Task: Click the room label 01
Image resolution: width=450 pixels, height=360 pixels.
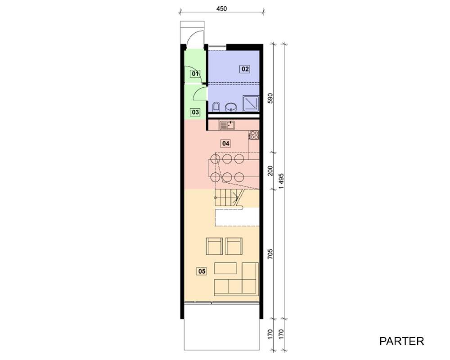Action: click(x=195, y=74)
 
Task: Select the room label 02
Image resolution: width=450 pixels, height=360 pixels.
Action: click(x=245, y=69)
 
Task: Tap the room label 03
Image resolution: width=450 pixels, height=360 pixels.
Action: click(x=195, y=112)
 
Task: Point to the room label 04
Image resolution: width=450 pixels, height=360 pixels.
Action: click(x=226, y=143)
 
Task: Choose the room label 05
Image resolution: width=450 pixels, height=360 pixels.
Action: click(x=202, y=271)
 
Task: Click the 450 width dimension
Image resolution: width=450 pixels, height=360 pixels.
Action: click(x=221, y=9)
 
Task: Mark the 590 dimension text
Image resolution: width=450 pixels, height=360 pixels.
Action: click(x=270, y=98)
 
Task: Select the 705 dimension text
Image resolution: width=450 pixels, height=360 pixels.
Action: click(x=270, y=254)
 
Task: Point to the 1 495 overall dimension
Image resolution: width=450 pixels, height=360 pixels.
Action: click(x=281, y=181)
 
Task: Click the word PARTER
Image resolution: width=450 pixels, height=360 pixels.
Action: click(x=401, y=341)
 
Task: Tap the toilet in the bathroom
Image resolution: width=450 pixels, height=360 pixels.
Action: click(x=216, y=107)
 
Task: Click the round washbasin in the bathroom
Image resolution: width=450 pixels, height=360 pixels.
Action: click(x=231, y=108)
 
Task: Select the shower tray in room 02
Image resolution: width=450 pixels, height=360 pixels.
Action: click(x=251, y=103)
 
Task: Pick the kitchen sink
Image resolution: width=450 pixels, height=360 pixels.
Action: click(x=227, y=126)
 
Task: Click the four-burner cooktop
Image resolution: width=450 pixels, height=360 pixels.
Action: click(x=254, y=135)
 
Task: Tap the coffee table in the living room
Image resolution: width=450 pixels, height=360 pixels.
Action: click(x=225, y=268)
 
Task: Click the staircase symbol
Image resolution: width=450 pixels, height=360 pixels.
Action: click(x=229, y=198)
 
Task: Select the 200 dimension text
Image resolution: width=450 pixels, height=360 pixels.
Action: click(x=270, y=171)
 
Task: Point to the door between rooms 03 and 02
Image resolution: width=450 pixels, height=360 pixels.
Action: click(x=201, y=93)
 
